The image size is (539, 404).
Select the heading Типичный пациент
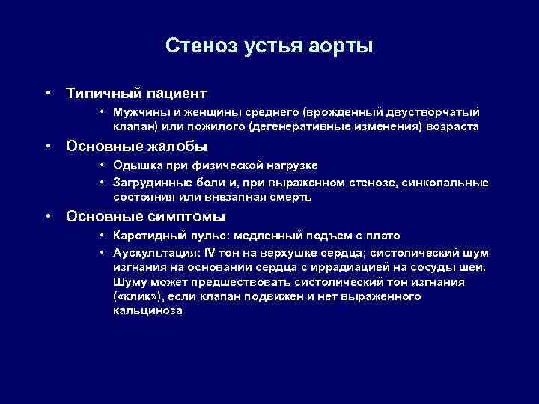coord(136,94)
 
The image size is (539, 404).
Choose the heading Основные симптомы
coord(145,217)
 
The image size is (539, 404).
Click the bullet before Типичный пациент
coord(47,94)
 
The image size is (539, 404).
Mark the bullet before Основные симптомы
coord(47,217)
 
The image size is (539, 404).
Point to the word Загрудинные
coord(148,183)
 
